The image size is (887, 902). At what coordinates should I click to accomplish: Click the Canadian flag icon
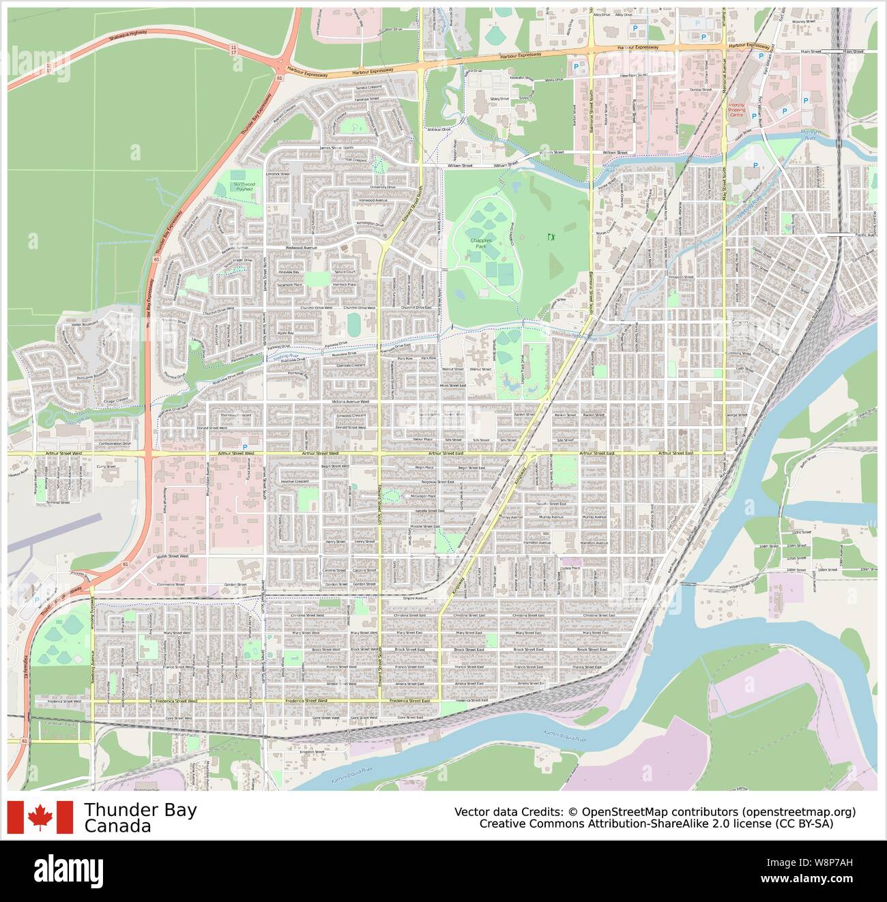click(40, 817)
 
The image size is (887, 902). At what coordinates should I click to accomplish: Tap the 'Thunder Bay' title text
click(141, 810)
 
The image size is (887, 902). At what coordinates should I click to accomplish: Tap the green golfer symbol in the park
click(551, 237)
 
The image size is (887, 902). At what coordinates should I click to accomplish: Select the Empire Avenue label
click(415, 598)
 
